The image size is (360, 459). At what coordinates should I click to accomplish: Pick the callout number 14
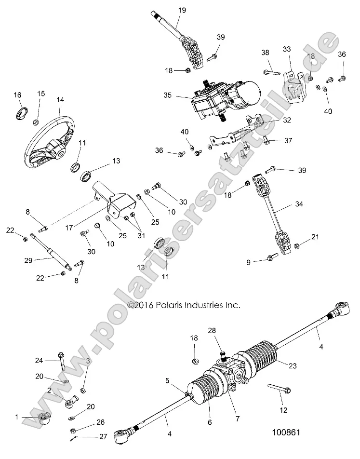pyautogui.click(x=60, y=101)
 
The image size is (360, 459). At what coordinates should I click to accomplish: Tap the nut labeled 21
pyautogui.click(x=298, y=246)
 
